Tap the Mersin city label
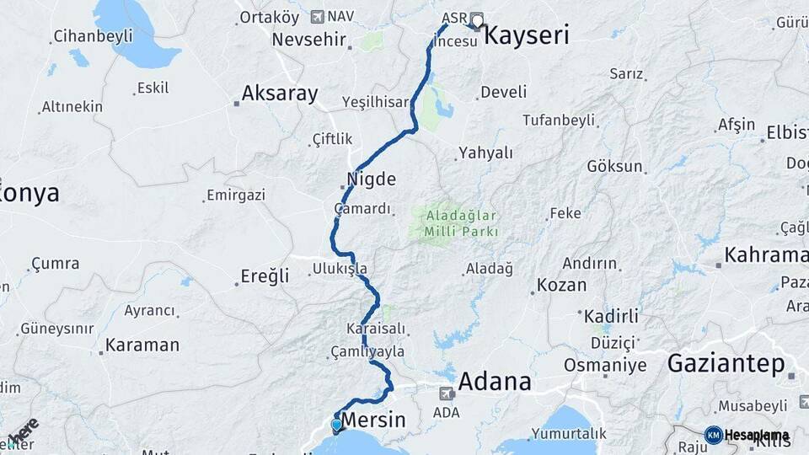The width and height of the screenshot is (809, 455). [372, 420]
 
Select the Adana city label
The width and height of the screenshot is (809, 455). [496, 382]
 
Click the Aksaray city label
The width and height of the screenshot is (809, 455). [280, 94]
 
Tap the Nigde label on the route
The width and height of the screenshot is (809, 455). [371, 179]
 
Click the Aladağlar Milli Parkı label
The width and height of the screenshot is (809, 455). [455, 223]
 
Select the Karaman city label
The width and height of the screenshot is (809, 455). [142, 345]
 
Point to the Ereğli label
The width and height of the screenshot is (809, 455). [265, 276]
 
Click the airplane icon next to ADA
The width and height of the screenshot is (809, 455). [446, 392]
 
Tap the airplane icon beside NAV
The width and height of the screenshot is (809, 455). [317, 16]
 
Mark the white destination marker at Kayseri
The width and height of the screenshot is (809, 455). [477, 21]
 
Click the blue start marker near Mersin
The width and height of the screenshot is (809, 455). [337, 425]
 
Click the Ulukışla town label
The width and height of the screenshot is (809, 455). [340, 269]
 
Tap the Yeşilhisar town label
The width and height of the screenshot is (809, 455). [372, 101]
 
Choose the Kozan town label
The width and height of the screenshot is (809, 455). [561, 285]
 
